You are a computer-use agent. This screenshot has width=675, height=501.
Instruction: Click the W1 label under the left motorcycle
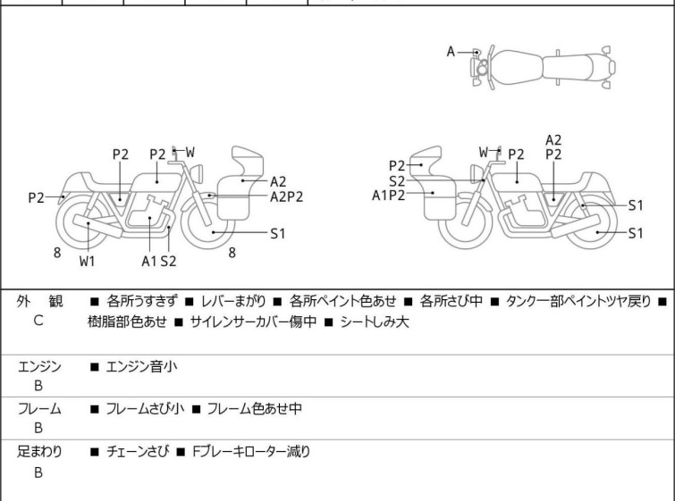pos(87,261)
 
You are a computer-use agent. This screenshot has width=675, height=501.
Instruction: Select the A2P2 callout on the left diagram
pos(286,196)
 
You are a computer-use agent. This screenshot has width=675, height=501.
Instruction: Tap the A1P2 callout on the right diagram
pos(388,196)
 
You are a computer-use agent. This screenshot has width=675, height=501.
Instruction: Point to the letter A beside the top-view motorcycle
pos(451,52)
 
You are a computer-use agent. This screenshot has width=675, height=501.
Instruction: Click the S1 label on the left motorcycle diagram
pos(278,233)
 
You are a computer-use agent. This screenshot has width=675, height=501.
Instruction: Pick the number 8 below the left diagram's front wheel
pos(232,253)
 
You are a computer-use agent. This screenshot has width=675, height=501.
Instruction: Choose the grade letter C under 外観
pos(38,321)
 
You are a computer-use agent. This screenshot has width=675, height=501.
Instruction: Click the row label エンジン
pos(39,366)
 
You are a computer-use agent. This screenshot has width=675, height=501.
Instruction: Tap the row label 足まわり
pos(39,451)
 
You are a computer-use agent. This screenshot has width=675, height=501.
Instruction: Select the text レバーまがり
pos(233,301)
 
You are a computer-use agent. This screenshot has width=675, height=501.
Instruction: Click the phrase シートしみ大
pos(374,321)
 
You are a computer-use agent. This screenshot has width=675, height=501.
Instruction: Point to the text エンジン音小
pos(141,366)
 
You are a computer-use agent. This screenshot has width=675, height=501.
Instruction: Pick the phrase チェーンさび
pos(138,451)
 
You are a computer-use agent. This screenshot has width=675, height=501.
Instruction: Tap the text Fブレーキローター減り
pos(251,451)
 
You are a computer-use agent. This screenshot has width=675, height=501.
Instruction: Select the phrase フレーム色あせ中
pos(255,408)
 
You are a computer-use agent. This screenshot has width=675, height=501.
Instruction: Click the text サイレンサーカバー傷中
pos(253,321)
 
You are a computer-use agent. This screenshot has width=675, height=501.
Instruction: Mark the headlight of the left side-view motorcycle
pos(197,173)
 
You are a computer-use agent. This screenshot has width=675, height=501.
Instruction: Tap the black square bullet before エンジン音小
pos(94,367)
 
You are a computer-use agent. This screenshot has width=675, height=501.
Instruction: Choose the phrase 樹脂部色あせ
pos(127,321)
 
